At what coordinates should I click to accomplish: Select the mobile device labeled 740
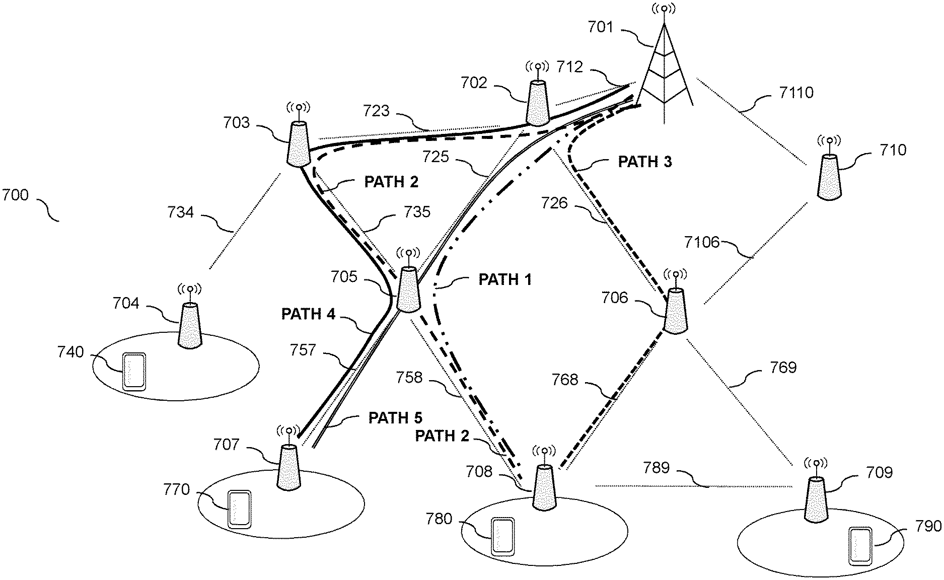(134, 372)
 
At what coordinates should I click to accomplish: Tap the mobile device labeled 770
(240, 509)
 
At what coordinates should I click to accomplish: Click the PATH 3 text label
(645, 162)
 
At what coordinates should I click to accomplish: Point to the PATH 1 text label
(505, 279)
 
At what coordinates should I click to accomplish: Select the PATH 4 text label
(308, 314)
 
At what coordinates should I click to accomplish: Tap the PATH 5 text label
(396, 418)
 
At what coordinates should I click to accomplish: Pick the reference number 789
(657, 468)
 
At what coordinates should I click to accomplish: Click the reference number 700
(16, 195)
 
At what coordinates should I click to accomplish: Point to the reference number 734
(181, 212)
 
